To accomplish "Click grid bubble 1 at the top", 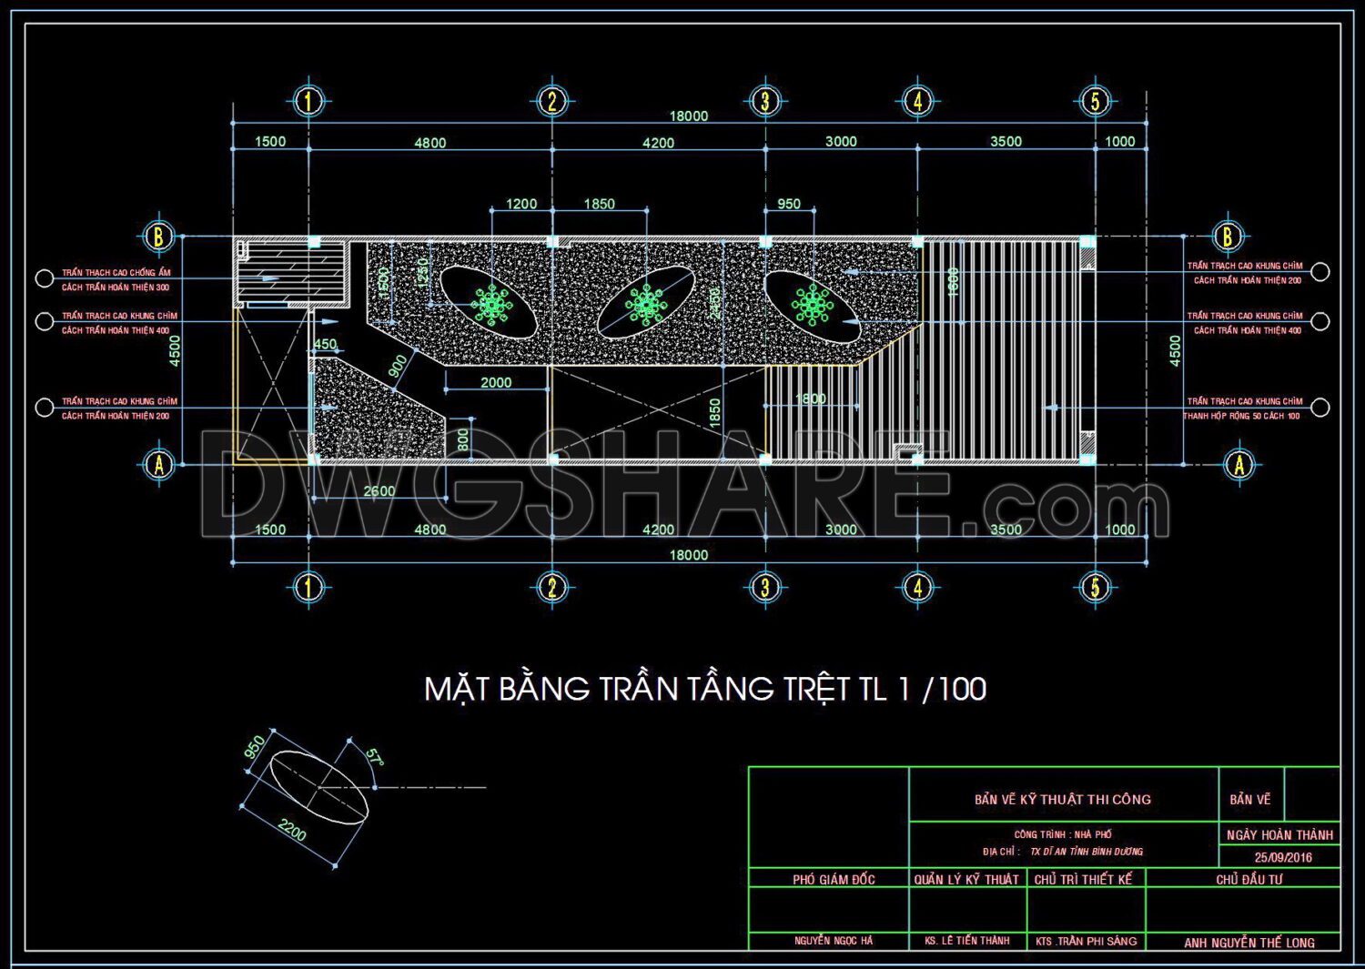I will click(308, 101).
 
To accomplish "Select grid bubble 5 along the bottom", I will click(1095, 588).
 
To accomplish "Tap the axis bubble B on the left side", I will click(158, 237).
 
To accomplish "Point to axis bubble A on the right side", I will click(1239, 465).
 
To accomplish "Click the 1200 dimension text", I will click(521, 204).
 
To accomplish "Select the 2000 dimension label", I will click(496, 383).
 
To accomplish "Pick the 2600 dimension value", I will click(379, 491).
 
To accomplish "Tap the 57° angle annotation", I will click(374, 757).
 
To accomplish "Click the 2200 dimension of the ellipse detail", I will click(292, 830).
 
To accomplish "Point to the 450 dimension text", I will click(325, 345).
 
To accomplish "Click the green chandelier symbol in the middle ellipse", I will click(645, 305).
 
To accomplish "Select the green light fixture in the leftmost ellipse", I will click(491, 304).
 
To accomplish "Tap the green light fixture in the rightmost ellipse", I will click(812, 305).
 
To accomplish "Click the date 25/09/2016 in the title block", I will click(1283, 857).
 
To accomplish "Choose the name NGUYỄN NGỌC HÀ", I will click(833, 941).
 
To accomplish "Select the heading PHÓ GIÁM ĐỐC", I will click(833, 880).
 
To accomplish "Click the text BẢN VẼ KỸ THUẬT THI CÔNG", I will click(1062, 800).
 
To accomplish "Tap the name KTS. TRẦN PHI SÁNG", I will click(1086, 942).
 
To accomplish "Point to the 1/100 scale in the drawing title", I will click(942, 689).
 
